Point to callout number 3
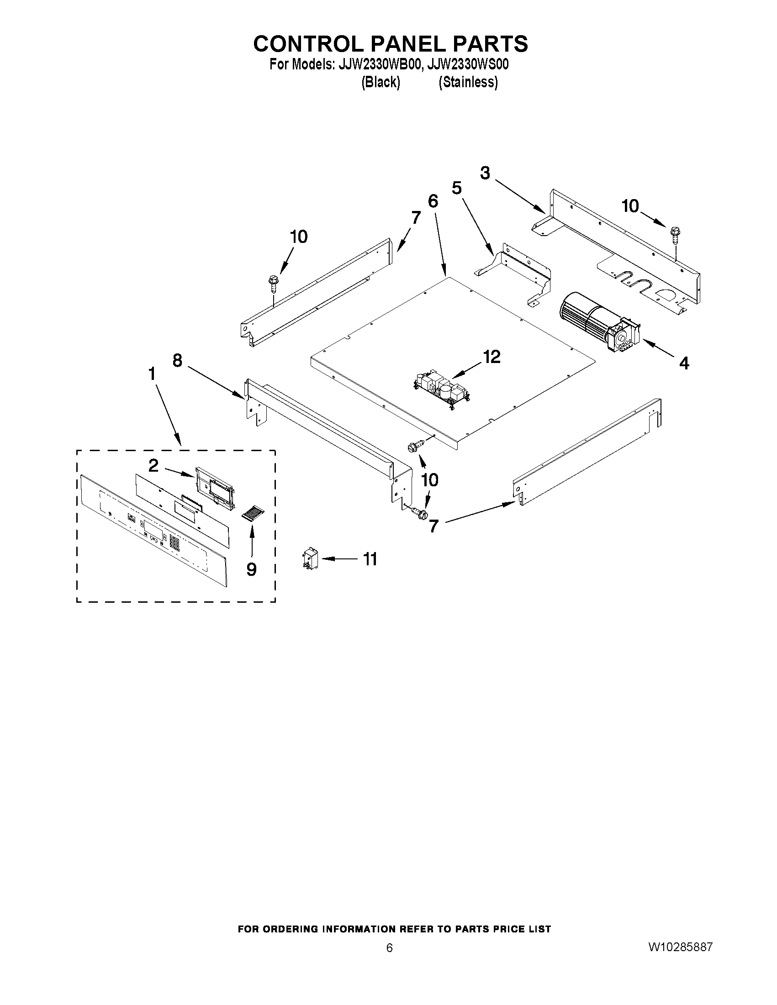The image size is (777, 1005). pos(485,174)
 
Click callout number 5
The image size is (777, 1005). pos(456,188)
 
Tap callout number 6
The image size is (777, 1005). pos(433,201)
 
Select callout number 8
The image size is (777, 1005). pos(177,360)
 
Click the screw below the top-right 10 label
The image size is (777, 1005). pos(675,235)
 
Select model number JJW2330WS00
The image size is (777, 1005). pos(467,64)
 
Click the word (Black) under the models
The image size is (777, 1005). pos(380,82)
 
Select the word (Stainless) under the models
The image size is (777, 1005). pos(468,82)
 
